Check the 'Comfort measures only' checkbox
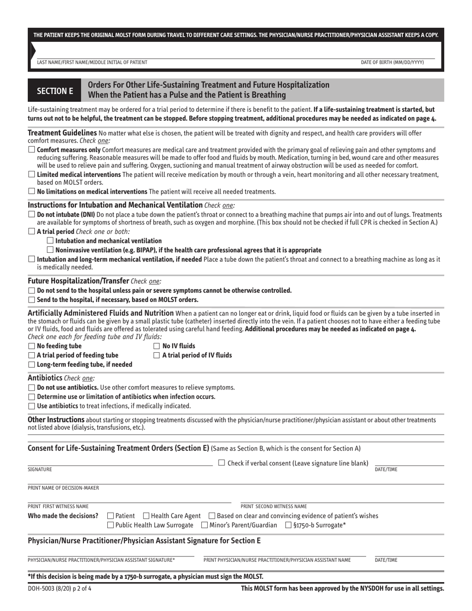[x=32, y=150]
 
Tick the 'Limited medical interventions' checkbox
[x=32, y=174]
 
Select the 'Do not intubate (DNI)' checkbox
[x=32, y=214]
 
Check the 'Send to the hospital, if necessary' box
[x=32, y=300]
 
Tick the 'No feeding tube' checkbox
[x=32, y=346]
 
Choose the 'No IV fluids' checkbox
[x=157, y=346]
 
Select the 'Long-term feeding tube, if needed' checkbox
[x=32, y=365]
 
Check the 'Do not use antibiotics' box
[x=32, y=387]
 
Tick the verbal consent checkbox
[x=222, y=463]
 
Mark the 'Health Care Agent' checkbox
[x=146, y=516]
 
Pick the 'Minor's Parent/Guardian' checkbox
[x=205, y=525]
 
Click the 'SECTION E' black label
[x=54, y=91]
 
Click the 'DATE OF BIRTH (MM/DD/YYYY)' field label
[x=393, y=62]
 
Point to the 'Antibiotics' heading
[x=45, y=378]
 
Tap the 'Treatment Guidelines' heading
[x=62, y=133]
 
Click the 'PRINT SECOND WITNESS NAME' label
[x=274, y=506]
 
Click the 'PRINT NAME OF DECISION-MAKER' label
[x=63, y=487]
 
